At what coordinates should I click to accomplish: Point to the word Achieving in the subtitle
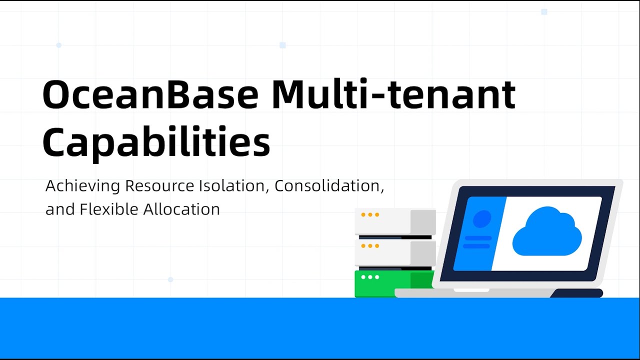[x=82, y=186]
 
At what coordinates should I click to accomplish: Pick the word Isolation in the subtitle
[x=234, y=186]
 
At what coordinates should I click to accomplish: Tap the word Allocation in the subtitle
[x=181, y=209]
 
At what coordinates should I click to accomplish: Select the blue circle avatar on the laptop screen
[x=482, y=218]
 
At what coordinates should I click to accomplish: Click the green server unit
[x=394, y=283]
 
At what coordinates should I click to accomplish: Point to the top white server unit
[x=395, y=221]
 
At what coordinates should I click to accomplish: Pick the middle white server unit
[x=395, y=253]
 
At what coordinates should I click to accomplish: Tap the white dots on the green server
[x=370, y=277]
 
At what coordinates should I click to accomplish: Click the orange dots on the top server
[x=370, y=214]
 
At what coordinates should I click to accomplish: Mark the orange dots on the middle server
[x=370, y=246]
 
